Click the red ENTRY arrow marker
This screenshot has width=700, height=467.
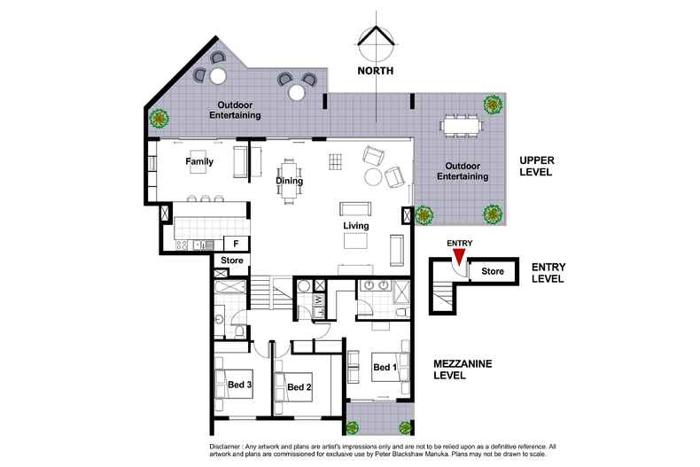click(459, 256)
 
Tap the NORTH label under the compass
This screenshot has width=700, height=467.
click(376, 71)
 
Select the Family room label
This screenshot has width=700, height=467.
click(199, 161)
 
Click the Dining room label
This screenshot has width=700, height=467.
click(289, 181)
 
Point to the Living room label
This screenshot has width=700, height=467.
click(356, 225)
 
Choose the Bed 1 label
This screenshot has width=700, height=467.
click(385, 367)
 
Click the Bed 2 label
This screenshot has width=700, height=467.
click(299, 386)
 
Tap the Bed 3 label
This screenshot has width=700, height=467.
click(240, 385)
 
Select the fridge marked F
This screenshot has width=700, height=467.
click(236, 244)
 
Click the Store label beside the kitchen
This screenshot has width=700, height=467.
click(232, 260)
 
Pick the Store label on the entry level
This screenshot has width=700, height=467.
click(493, 271)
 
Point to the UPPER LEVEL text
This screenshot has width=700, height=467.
click(537, 166)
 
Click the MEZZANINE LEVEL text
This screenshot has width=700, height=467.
click(463, 370)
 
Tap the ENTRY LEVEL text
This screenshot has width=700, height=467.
click(548, 273)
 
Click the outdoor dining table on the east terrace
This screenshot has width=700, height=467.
click(461, 125)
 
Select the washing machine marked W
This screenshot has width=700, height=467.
click(319, 300)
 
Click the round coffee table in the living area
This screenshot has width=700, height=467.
click(373, 177)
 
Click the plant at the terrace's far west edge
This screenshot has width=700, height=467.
click(159, 119)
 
